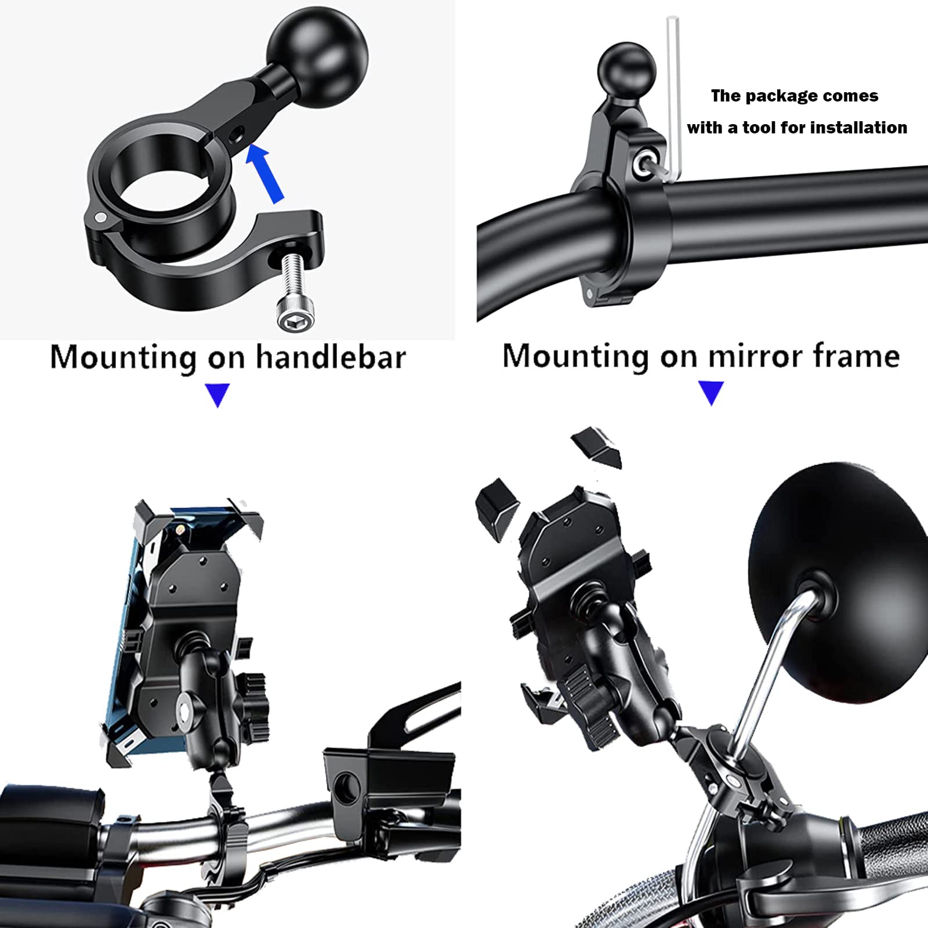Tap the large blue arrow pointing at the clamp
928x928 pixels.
pos(266,173)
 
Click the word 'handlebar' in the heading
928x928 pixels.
pos(331,357)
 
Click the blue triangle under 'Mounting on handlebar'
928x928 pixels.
pos(217,396)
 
